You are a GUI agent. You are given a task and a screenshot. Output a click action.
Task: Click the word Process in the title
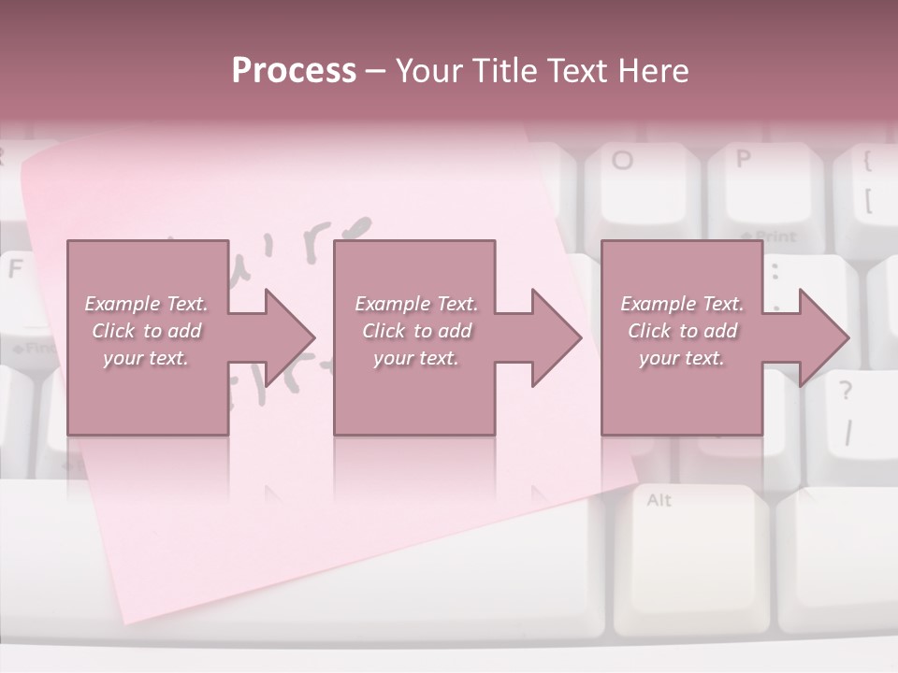tap(294, 71)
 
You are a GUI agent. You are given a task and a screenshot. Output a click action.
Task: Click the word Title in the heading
tap(504, 71)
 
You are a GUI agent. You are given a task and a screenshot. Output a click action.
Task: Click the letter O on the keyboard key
tap(622, 160)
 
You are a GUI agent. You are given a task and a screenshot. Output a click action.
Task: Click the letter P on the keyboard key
tap(744, 158)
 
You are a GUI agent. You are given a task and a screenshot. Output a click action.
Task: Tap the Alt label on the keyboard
tap(659, 500)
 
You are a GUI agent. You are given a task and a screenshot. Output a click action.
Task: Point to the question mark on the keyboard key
tap(846, 389)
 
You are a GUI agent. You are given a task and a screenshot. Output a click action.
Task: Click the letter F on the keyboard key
tap(15, 269)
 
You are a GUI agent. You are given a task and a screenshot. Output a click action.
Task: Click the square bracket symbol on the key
tap(868, 200)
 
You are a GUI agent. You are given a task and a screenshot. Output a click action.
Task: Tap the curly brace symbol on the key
tap(867, 161)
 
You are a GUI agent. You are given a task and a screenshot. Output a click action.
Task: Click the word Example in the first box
tap(121, 304)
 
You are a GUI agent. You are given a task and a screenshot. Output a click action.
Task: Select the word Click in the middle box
tap(382, 331)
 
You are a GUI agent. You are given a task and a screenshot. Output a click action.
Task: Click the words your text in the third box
tap(681, 358)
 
